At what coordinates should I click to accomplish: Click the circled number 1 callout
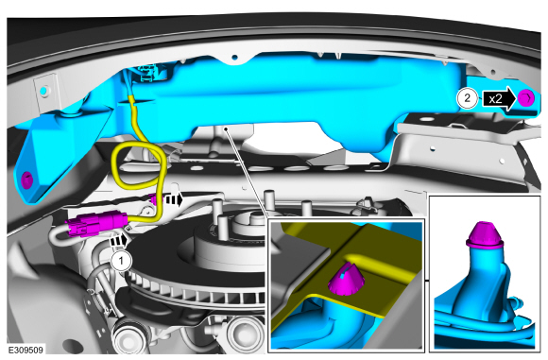(x=121, y=261)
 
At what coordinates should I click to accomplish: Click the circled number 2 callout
(x=468, y=98)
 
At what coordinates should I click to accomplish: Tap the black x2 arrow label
(x=499, y=99)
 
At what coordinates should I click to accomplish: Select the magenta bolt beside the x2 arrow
(x=525, y=98)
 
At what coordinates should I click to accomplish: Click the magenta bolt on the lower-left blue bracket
(x=26, y=180)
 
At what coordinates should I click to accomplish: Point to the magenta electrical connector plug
(x=96, y=223)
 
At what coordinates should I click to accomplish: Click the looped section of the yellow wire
(x=138, y=164)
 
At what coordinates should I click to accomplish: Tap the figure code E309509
(x=26, y=350)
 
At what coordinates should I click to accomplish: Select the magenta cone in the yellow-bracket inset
(x=346, y=279)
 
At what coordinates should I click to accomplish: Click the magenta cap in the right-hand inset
(x=485, y=233)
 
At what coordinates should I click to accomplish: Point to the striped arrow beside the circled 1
(x=119, y=241)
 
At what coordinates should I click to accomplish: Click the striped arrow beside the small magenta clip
(x=174, y=200)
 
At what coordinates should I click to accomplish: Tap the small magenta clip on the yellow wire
(x=153, y=198)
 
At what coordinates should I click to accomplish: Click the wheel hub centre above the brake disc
(x=252, y=220)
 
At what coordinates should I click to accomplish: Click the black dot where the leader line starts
(x=226, y=129)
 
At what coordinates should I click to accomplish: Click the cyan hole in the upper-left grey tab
(x=43, y=91)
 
